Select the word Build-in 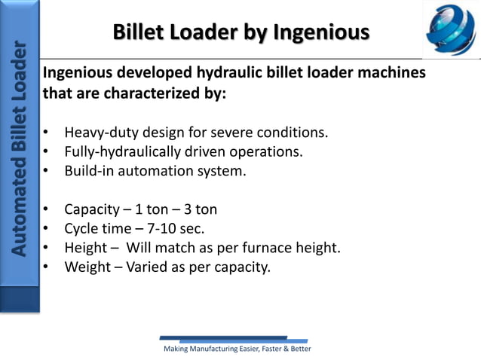click(90, 170)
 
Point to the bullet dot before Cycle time click(47, 227)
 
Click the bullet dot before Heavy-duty click(47, 134)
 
